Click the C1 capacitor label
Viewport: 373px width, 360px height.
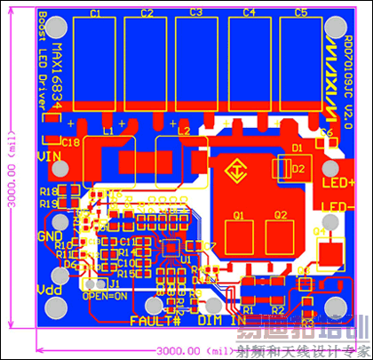coord(95,13)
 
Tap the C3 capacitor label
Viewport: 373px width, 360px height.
coord(196,13)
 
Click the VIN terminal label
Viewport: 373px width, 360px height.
coord(49,156)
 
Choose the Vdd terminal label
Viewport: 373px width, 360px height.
coord(48,291)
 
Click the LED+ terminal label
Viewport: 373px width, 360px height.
coord(337,183)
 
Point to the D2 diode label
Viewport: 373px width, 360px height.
coord(299,167)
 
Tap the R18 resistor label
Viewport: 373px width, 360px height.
coord(49,191)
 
